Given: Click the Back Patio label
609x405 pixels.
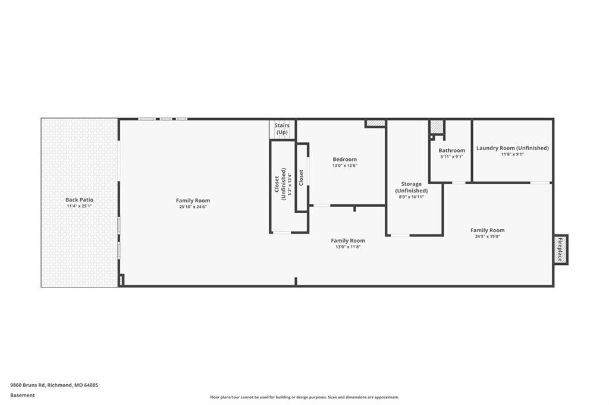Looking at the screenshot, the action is pos(79,200).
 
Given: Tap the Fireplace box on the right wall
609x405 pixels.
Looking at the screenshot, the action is pos(560,250).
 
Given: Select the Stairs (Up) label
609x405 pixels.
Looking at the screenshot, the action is pos(282,129).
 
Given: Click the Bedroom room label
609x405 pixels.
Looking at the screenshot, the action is pos(344,159).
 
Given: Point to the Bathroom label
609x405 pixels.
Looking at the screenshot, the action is pos(452,150).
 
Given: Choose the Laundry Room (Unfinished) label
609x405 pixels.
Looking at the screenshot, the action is pos(513,148).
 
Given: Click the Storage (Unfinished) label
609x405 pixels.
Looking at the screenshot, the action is pos(412,188).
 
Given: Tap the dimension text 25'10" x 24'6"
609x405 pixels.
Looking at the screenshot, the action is pos(193,207).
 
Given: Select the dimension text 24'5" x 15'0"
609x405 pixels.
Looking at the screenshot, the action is pos(488,236).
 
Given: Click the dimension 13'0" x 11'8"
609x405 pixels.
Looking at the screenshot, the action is pos(348,246).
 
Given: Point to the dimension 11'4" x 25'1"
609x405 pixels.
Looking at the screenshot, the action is pos(79,206).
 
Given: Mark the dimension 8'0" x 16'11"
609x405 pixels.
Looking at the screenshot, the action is pos(412,197).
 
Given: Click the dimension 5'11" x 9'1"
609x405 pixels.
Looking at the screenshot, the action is pos(452,157).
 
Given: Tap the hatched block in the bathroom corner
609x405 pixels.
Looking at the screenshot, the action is pos(437,127).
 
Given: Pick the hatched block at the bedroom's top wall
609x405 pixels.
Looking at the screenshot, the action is pos(375,123).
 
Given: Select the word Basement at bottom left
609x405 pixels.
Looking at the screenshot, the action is pos(23,395).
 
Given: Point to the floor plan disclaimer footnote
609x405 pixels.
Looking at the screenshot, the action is pos(304,397).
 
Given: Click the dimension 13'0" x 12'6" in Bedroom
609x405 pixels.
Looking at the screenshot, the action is pos(344,166).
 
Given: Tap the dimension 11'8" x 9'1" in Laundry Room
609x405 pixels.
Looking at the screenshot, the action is pos(513,154).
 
